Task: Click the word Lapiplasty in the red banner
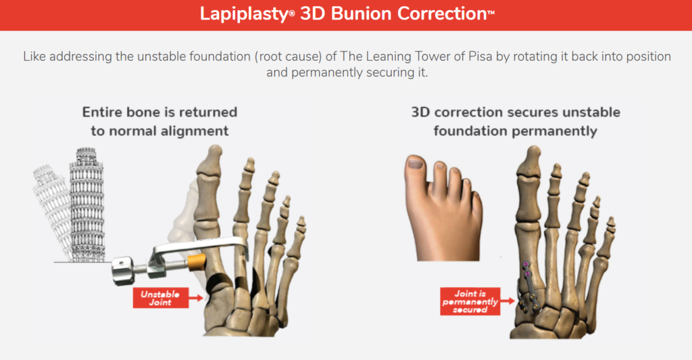(244, 14)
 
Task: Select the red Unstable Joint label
(161, 298)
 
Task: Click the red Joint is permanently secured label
(470, 301)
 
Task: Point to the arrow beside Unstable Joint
(196, 299)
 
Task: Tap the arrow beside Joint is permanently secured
(508, 301)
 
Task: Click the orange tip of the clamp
(197, 262)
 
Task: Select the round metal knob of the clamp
(123, 271)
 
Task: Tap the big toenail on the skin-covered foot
(415, 163)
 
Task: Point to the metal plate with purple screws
(528, 287)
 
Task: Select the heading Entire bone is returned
(159, 112)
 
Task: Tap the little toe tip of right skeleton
(611, 224)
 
